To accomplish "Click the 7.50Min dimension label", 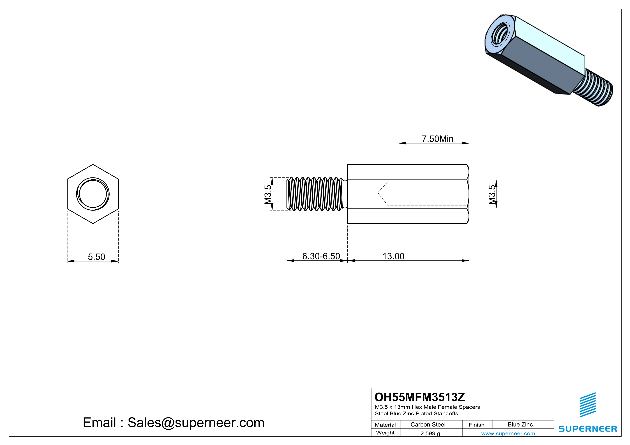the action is tap(437, 139).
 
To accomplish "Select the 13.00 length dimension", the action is tap(393, 256).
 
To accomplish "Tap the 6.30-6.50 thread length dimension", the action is tap(321, 256).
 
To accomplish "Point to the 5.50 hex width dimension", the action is tap(96, 257).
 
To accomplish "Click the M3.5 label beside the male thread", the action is tap(268, 194).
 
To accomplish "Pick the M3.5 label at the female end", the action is tap(492, 195).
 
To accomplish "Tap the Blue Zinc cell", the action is tap(520, 424).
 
